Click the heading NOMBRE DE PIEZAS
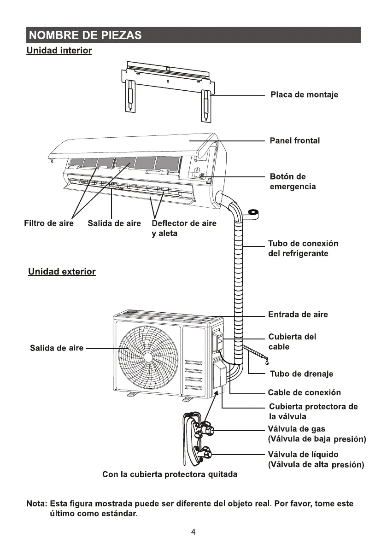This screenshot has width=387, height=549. pos(84,35)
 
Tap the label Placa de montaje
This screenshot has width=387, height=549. pos(304,95)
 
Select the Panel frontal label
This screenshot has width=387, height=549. pos(294,141)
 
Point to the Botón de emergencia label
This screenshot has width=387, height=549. pos(293,182)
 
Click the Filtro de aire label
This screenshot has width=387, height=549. pos(49,224)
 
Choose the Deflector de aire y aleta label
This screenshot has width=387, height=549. pos(184,228)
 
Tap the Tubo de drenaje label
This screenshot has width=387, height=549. pos(301,374)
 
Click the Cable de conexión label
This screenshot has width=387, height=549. pos(305,393)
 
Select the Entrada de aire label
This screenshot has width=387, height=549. pos(298,315)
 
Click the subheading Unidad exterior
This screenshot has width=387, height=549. pos(62,272)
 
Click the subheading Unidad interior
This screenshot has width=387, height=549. pos(59,51)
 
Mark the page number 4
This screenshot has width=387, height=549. pos(193,532)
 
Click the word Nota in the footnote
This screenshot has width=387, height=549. pos(36,504)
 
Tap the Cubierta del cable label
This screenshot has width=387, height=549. pos(292,342)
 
